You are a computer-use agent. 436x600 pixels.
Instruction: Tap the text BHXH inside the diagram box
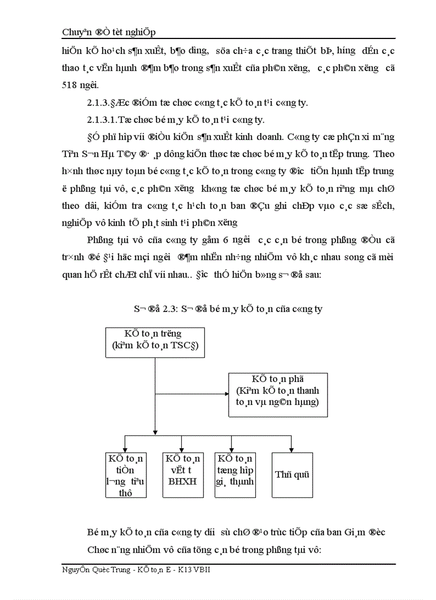(x=182, y=481)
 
